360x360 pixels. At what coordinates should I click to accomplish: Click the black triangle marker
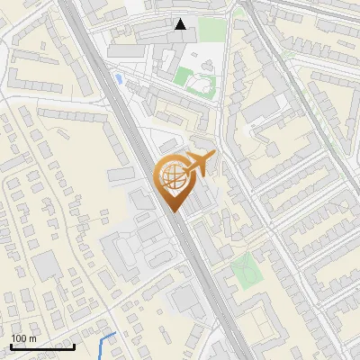pos(181,24)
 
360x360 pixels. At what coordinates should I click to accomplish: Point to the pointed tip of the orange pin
pos(171,211)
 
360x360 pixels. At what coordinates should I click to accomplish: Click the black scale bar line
pos(42,346)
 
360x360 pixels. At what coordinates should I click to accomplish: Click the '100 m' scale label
pos(23,338)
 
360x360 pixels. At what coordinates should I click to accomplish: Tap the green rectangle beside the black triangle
pos(211,29)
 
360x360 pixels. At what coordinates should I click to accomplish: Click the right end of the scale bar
pos(74,346)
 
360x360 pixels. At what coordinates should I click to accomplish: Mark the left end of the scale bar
pos(11,346)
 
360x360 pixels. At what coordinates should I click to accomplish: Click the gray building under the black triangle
pos(179,39)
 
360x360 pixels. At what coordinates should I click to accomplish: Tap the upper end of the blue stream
pos(115,334)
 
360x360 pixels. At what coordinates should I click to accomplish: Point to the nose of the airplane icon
pos(215,155)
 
